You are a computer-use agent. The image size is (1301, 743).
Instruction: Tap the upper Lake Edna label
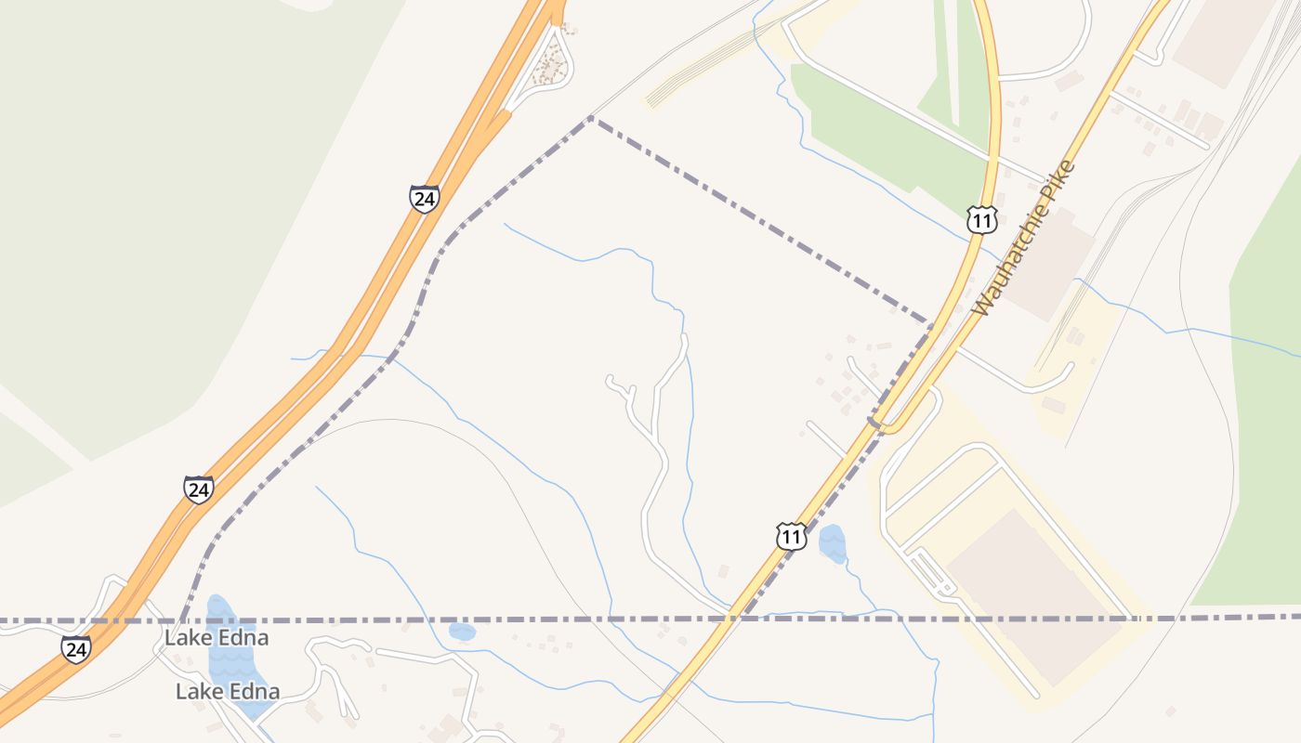point(217,638)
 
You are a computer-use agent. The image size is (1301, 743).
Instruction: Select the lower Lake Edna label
point(228,691)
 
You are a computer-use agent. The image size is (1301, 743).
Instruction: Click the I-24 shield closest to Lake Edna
point(77,648)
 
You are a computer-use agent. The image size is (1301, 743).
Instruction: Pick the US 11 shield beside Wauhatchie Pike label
point(981,219)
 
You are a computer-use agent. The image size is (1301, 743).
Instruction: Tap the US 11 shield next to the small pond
point(791,536)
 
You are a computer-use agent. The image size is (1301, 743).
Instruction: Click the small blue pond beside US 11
point(833,543)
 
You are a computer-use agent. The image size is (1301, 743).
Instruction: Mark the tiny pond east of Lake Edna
point(462,632)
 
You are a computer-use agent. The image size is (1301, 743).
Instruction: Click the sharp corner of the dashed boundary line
point(591,118)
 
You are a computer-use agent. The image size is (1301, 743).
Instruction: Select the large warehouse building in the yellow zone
point(1032,594)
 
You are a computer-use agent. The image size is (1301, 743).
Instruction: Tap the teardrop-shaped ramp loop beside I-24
point(550,62)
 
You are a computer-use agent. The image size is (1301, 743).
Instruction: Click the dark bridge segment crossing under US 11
point(874,423)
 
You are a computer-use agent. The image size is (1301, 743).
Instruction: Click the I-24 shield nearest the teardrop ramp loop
point(424,199)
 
